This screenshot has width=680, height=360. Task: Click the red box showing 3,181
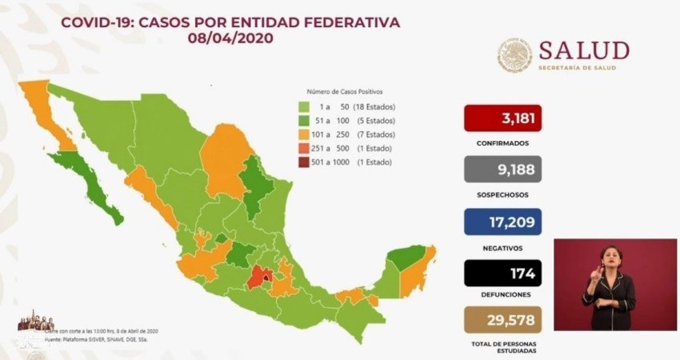(502, 118)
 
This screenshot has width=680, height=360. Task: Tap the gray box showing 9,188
(502, 169)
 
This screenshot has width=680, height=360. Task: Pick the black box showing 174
(502, 274)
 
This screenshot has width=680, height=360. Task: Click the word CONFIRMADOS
(502, 143)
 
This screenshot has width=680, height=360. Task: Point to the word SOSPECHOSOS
(502, 194)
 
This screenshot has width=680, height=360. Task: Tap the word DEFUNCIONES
(502, 295)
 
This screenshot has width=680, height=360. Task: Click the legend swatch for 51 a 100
(304, 121)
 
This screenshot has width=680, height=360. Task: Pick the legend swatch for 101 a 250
(304, 134)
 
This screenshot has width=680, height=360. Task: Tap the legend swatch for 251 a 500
(304, 148)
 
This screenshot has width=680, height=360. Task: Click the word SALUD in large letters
(583, 50)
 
